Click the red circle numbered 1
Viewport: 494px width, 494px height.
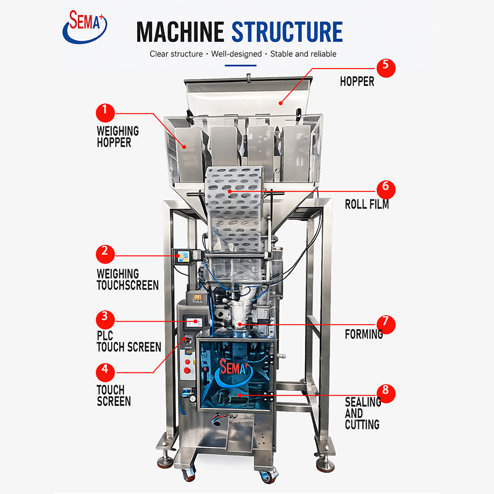[105, 113]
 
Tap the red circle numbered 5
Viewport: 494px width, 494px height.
[386, 68]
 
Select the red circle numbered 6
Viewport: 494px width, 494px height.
[386, 190]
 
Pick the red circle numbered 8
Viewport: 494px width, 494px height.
[386, 393]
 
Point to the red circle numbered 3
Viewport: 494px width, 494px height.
[105, 320]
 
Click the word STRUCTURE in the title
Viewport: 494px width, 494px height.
[287, 32]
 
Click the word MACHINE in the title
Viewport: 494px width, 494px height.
[180, 32]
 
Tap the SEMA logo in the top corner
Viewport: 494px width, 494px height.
[85, 27]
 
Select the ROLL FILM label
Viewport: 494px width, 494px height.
[367, 204]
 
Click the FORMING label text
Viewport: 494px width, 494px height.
[364, 334]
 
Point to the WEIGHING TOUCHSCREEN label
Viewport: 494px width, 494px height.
[128, 280]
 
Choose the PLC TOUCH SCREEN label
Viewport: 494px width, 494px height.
[129, 341]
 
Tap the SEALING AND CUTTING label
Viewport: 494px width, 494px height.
[362, 413]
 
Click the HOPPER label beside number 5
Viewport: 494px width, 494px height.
[357, 82]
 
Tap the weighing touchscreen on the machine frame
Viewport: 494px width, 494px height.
[182, 256]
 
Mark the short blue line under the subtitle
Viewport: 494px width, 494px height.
[240, 65]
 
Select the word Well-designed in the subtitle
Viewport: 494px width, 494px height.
[237, 54]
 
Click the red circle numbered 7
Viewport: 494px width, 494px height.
[386, 325]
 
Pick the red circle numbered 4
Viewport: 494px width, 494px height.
[105, 372]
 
